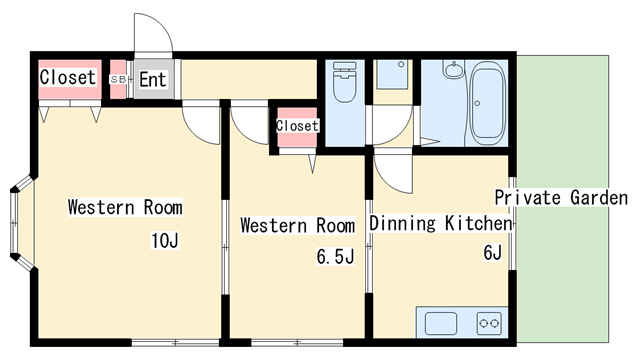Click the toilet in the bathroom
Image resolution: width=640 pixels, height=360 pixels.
tap(345, 82)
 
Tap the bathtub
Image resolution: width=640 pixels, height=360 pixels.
tap(488, 103)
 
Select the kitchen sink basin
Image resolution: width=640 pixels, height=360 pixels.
tap(441, 323)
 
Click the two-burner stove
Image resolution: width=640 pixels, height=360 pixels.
tap(489, 323)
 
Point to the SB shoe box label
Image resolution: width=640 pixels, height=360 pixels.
tap(118, 80)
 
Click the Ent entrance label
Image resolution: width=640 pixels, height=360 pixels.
tap(153, 80)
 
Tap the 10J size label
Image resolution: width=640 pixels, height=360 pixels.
tap(165, 240)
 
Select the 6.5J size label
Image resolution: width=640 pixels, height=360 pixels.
tap(336, 257)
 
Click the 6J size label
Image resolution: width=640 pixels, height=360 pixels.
tap(492, 253)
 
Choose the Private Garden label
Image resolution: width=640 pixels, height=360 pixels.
tap(561, 198)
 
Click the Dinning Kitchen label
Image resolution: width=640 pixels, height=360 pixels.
tap(440, 223)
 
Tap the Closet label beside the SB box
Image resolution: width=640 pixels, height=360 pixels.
tap(68, 77)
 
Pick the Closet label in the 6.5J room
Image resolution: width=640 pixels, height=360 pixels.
tap(297, 125)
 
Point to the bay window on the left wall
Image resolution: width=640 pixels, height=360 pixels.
tap(21, 223)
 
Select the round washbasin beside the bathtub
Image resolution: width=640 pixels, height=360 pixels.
tap(453, 70)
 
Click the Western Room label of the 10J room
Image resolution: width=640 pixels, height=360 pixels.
tap(125, 207)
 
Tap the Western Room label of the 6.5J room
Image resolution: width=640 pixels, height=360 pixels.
tap(298, 225)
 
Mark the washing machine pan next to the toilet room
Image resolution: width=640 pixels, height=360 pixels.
tap(393, 74)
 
